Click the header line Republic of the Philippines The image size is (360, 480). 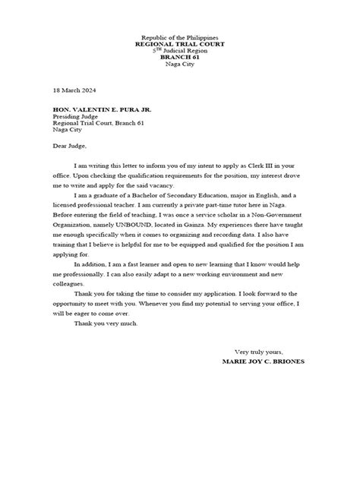(180, 38)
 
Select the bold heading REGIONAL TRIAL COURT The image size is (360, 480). (180, 45)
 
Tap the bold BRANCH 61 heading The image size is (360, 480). (180, 58)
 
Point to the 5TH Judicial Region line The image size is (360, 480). (180, 51)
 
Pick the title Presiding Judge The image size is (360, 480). (79, 117)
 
